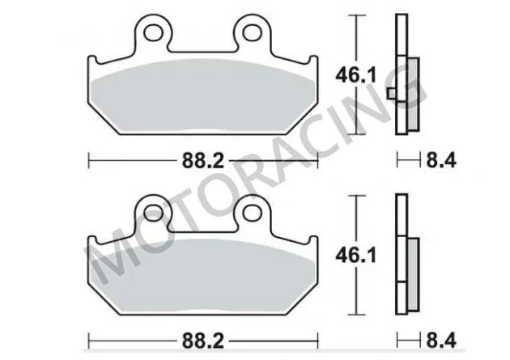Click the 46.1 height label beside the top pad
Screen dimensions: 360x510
[x=356, y=77]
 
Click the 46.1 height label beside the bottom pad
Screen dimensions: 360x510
[x=356, y=256]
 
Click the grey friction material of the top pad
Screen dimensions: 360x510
[x=202, y=101]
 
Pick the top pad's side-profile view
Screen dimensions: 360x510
[x=403, y=77]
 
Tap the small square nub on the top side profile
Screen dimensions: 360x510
[x=392, y=93]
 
